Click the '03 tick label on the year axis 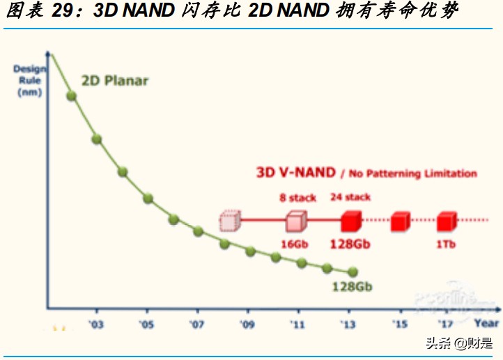pos(96,324)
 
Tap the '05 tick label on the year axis pos(146,324)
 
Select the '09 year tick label pos(247,324)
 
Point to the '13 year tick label pos(348,324)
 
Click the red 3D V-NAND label pos(292,173)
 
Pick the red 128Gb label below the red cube pos(350,244)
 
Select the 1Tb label pos(446,244)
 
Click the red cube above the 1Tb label pos(445,221)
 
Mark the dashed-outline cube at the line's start pos(229,221)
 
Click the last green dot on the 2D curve pos(352,272)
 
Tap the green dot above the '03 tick pos(97,139)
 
